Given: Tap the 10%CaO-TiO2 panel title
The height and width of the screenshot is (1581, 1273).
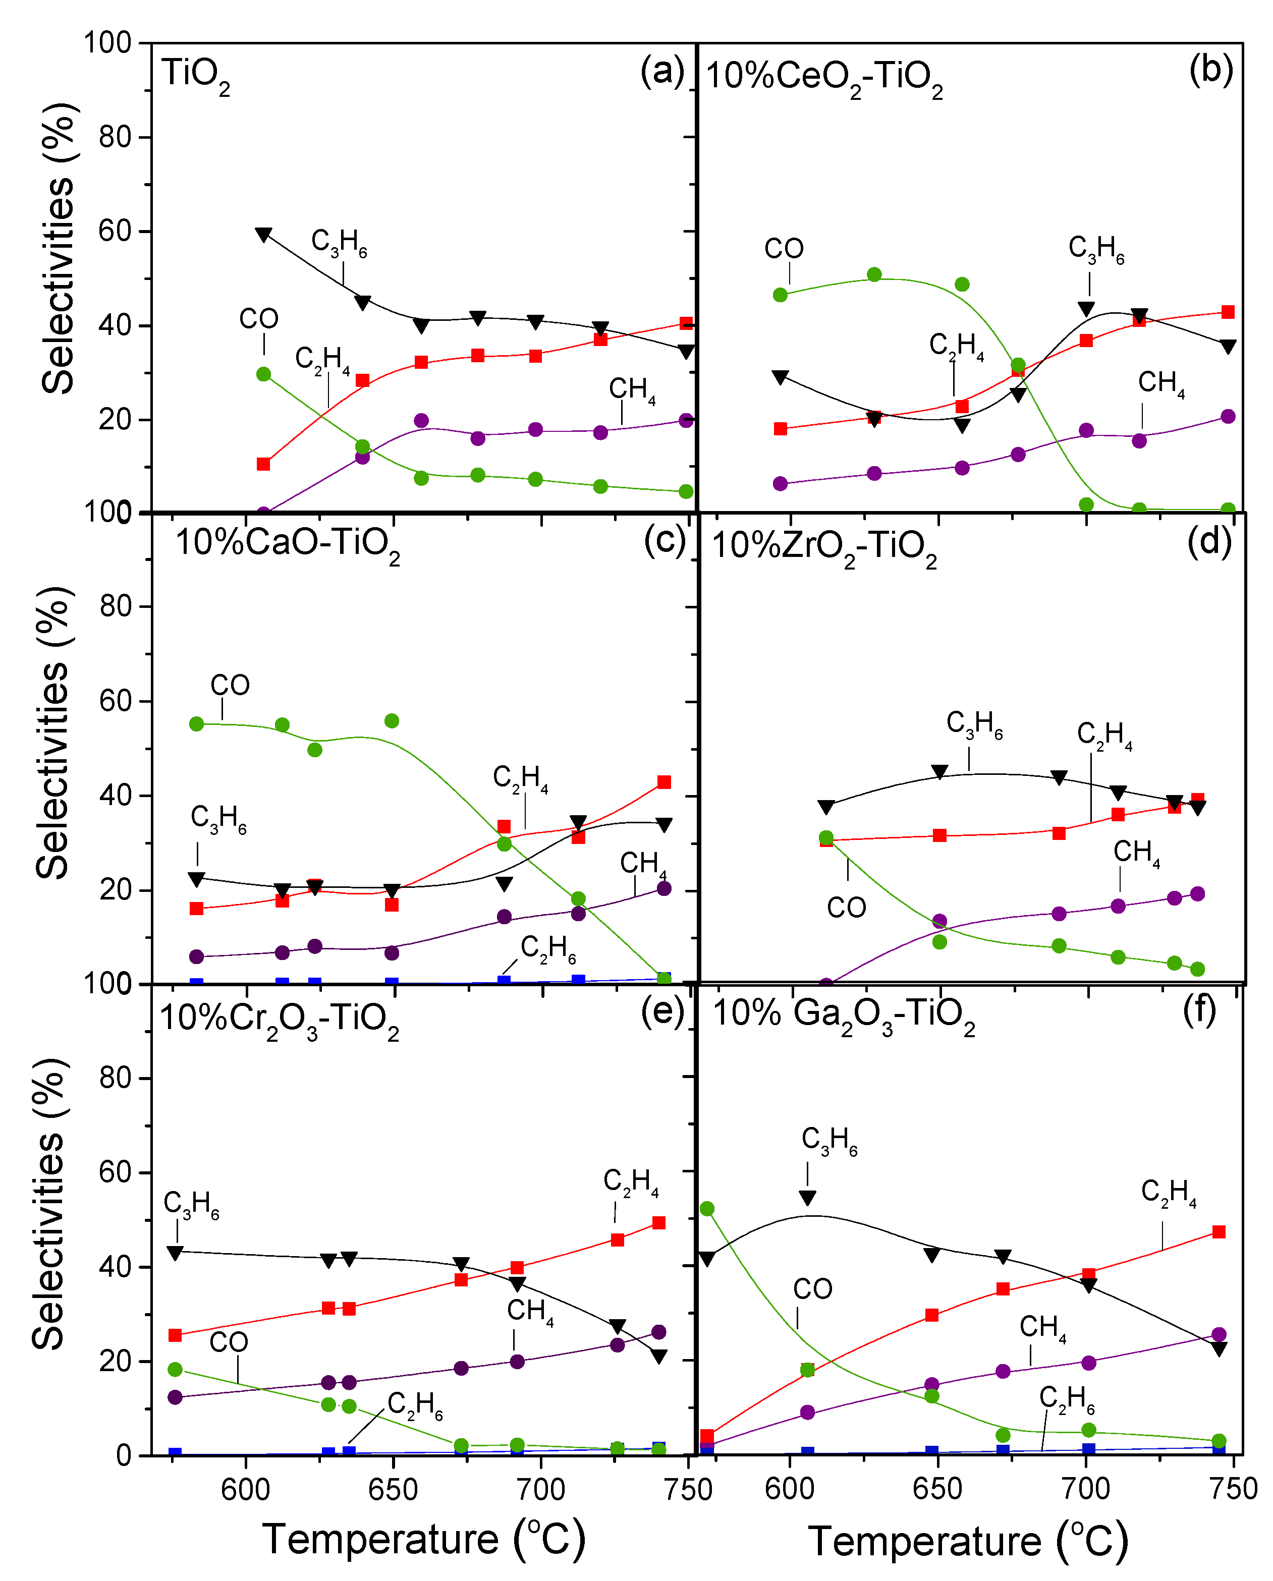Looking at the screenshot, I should click(287, 544).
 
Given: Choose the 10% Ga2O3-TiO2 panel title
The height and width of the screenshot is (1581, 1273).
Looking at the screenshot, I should click(843, 1015).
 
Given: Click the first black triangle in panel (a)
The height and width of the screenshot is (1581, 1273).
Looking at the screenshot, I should click(263, 235).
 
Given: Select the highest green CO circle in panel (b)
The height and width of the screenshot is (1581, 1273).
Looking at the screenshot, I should click(874, 275).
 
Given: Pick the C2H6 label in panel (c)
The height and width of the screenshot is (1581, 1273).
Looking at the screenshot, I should click(548, 949).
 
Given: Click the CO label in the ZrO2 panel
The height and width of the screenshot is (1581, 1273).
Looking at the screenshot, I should click(846, 909).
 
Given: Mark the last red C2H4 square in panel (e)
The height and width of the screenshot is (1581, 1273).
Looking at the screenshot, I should click(658, 1222).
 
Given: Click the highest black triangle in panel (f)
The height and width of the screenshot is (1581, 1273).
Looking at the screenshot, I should click(807, 1198).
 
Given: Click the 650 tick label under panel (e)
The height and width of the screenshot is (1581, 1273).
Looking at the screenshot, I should click(393, 1489).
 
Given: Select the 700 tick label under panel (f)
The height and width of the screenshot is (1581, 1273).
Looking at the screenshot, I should click(1086, 1489).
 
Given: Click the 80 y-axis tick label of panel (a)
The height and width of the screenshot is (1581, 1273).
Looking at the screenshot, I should click(115, 137).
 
